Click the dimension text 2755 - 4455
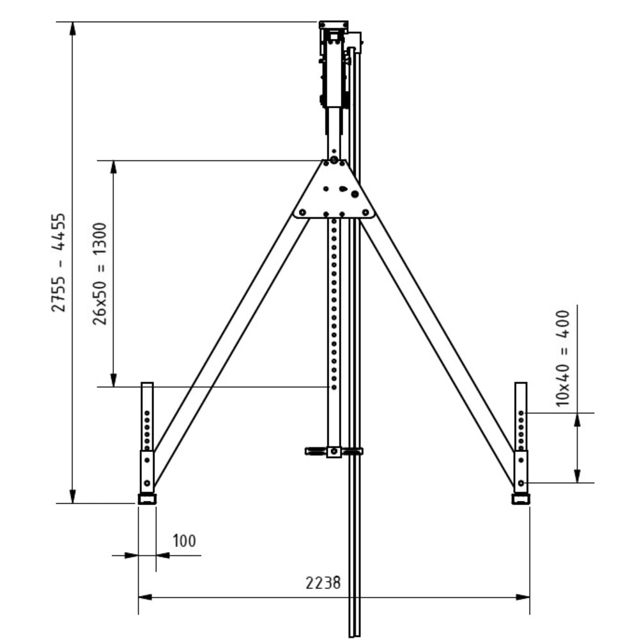(59, 262)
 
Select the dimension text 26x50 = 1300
(100, 273)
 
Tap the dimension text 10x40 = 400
(563, 358)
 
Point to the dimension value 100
(184, 541)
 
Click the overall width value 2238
(323, 583)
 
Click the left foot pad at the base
(147, 499)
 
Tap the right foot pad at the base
(521, 499)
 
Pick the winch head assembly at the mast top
(335, 64)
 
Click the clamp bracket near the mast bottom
(334, 451)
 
